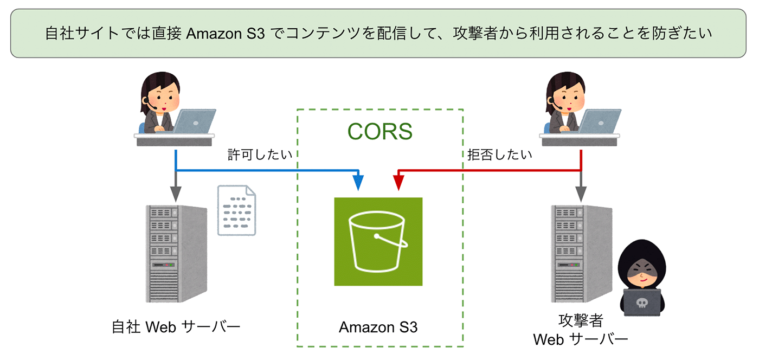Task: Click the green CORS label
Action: pyautogui.click(x=379, y=132)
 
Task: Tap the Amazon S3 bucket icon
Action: pyautogui.click(x=378, y=241)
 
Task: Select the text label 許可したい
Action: pyautogui.click(x=260, y=155)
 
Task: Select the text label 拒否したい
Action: pyautogui.click(x=499, y=155)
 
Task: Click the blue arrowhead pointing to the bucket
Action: pyautogui.click(x=358, y=183)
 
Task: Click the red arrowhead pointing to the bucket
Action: pyautogui.click(x=398, y=183)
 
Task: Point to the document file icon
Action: pyautogui.click(x=236, y=210)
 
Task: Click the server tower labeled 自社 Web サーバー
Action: pyautogui.click(x=176, y=253)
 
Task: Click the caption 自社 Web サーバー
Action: pyautogui.click(x=175, y=327)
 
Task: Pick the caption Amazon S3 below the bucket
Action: pyautogui.click(x=378, y=327)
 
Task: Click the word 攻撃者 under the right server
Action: pyautogui.click(x=580, y=320)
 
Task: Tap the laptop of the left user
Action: pyautogui.click(x=193, y=120)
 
